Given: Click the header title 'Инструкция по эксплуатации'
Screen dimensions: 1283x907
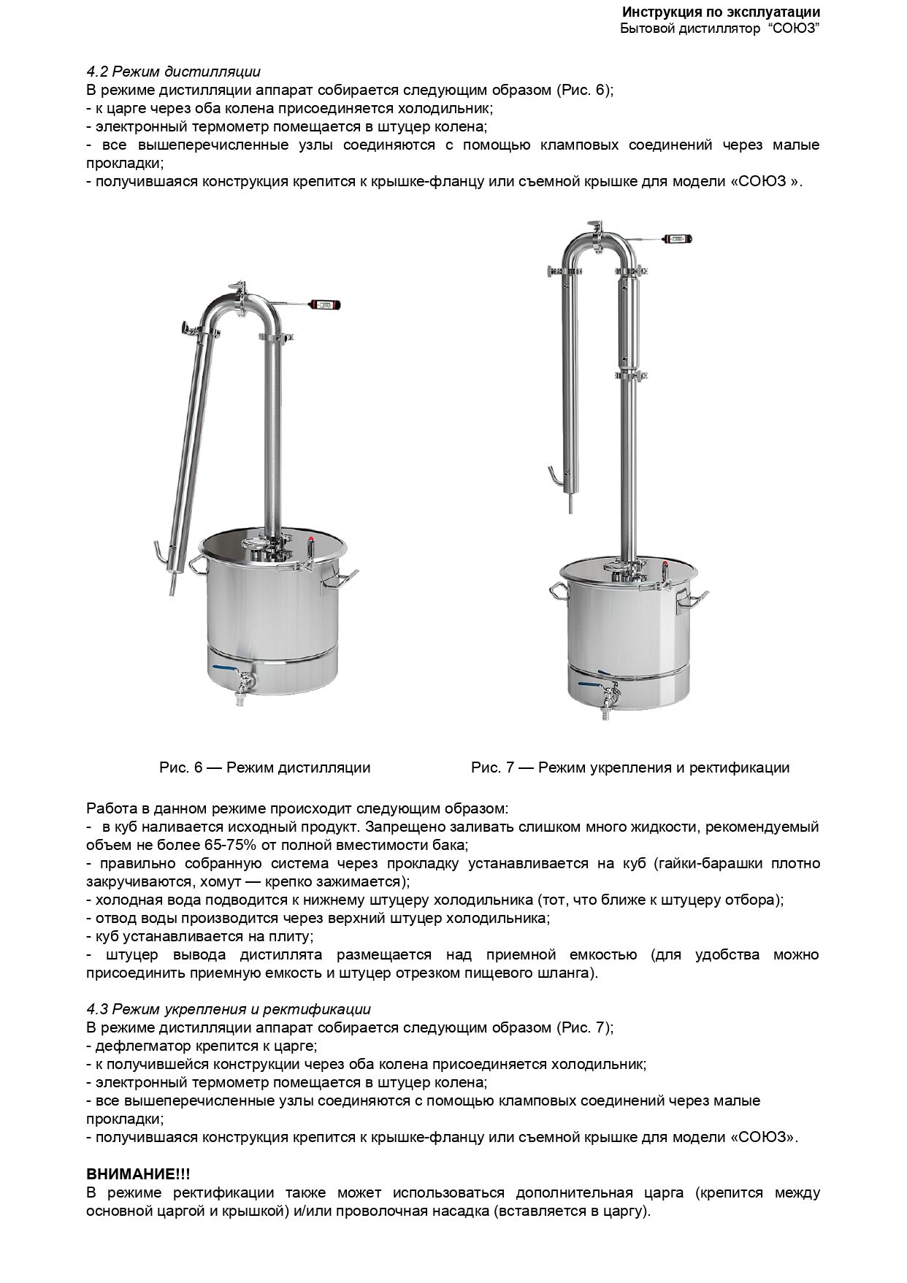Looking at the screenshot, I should tap(721, 12).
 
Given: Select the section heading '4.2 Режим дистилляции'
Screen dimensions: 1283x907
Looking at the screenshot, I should tap(173, 72).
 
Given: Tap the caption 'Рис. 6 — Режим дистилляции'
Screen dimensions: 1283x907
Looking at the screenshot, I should tap(264, 767).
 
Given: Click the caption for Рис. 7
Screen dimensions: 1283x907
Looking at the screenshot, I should tap(629, 767).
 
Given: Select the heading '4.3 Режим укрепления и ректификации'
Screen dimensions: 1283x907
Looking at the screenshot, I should tap(229, 1009).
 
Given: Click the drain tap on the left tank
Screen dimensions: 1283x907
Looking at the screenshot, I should tap(245, 683).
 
